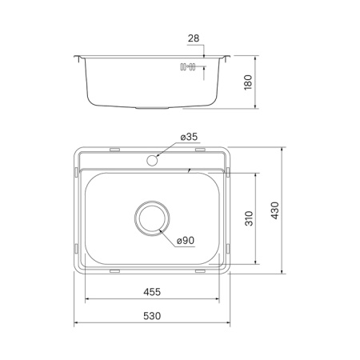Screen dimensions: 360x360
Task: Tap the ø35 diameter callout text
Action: click(x=190, y=138)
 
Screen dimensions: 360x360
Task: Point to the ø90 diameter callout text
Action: click(x=186, y=241)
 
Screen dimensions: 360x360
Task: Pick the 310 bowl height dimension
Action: click(x=249, y=218)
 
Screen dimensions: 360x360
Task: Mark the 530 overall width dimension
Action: click(x=152, y=316)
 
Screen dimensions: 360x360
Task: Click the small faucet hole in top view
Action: click(x=152, y=160)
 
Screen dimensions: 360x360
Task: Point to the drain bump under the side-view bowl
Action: click(x=152, y=107)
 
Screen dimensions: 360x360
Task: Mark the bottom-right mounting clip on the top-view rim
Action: click(x=199, y=272)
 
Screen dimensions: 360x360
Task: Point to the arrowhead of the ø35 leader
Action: click(x=158, y=157)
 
